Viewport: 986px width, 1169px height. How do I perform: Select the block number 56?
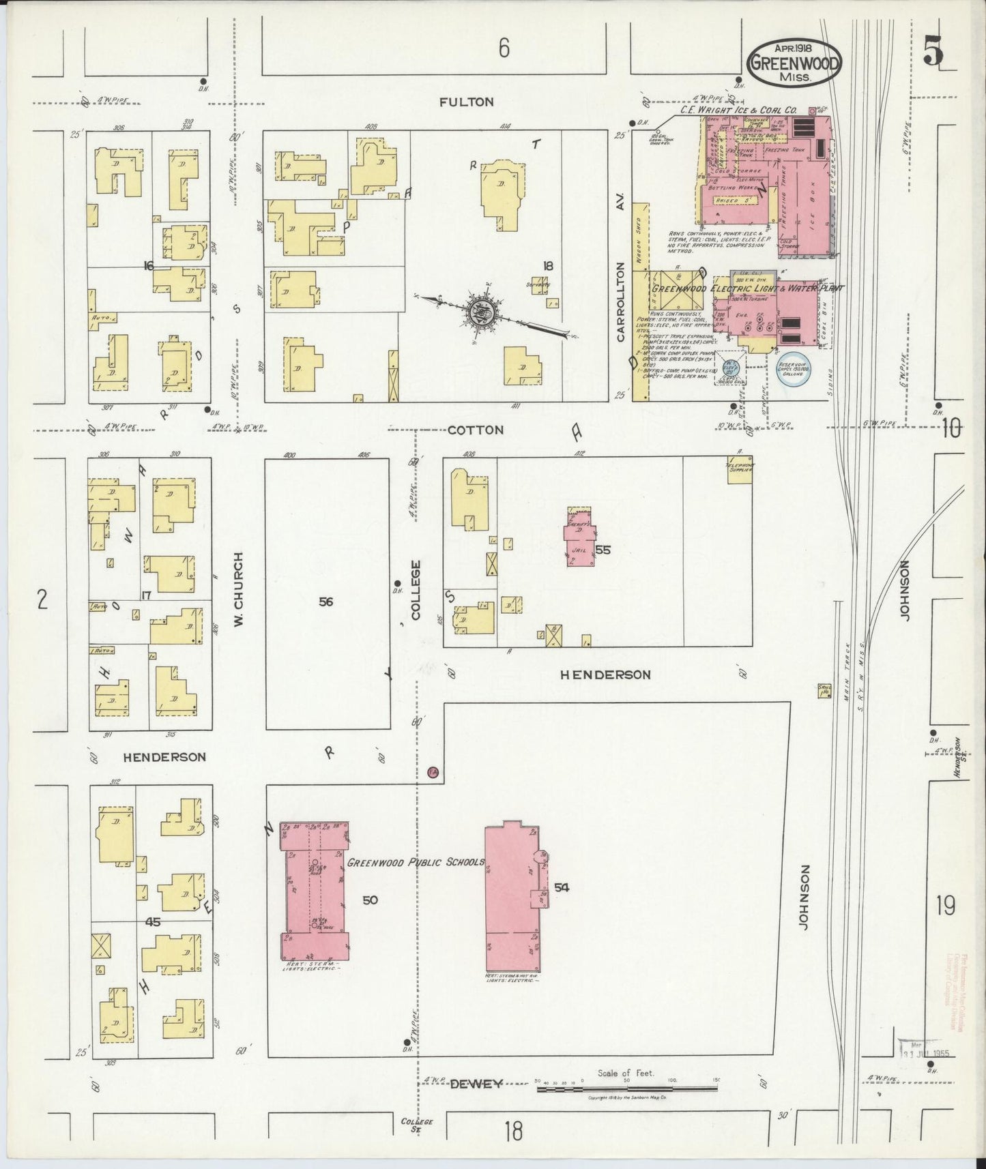click(326, 601)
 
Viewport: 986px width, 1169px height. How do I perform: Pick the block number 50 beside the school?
click(370, 900)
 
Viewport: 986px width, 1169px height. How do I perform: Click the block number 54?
click(562, 887)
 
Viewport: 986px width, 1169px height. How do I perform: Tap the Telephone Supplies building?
click(739, 471)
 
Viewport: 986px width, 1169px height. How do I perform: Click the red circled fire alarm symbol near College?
click(432, 772)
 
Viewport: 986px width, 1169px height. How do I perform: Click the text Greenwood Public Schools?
click(415, 862)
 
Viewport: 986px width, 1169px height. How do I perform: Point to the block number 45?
click(152, 922)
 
